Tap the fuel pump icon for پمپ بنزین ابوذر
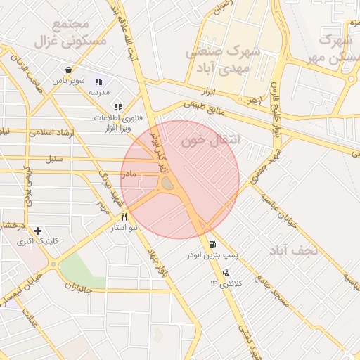point(212,245)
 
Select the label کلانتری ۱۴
point(226,283)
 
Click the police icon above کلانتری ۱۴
point(226,273)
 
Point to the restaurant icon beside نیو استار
point(124,217)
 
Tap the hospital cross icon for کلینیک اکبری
point(37,231)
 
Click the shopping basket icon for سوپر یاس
point(67,70)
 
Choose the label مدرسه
point(98,92)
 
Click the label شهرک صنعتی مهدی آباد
point(224,60)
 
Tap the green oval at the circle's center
point(168,184)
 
